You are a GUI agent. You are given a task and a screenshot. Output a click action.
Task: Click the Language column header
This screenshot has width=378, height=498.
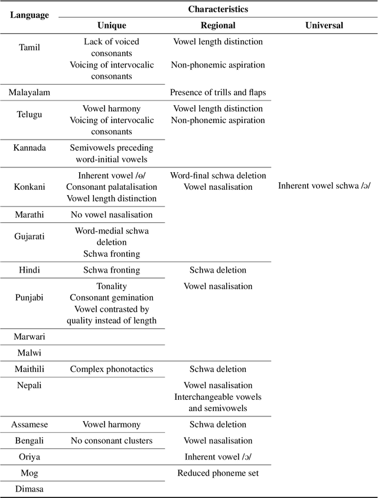[x=30, y=15]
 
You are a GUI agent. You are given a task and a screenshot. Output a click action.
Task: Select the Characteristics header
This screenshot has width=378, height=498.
[x=218, y=9]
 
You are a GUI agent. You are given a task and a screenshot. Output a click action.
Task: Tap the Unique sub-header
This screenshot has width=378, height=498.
[x=112, y=25]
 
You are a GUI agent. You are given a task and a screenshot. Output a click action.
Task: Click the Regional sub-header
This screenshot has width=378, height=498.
[x=218, y=25]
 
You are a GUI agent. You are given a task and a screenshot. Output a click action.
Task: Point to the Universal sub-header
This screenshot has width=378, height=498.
[x=324, y=25]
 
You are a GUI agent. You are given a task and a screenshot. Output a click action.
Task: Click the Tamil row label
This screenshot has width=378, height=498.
[x=30, y=47]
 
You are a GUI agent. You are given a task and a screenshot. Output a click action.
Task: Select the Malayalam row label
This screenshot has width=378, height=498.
[x=30, y=92]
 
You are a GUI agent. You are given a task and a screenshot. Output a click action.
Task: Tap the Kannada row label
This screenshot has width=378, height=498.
[x=30, y=147]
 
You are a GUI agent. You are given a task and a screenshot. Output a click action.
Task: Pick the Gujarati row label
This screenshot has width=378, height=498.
[x=30, y=237]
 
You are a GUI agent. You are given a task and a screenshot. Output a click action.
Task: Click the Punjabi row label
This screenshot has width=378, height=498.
[x=30, y=297]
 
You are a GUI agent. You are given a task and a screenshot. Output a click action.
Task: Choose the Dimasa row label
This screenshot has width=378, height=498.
[x=30, y=489]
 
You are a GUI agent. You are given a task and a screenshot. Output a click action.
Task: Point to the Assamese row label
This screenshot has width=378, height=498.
[x=30, y=425]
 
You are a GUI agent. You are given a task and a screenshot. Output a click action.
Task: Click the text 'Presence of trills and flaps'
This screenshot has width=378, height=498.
[x=218, y=92]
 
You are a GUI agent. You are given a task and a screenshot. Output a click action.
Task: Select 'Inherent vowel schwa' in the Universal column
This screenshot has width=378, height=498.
[x=324, y=186]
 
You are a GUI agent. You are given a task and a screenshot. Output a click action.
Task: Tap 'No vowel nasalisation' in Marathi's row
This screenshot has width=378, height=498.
[x=112, y=215]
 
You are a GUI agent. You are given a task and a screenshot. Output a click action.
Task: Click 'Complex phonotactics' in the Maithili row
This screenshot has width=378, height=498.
[x=112, y=369]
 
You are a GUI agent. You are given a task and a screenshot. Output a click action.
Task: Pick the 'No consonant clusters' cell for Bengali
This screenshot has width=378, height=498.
[x=112, y=441]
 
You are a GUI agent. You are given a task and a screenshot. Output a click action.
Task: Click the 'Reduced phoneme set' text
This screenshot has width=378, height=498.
[x=218, y=473]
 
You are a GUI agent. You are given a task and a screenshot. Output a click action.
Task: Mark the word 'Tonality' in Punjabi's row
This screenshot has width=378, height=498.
[x=112, y=286]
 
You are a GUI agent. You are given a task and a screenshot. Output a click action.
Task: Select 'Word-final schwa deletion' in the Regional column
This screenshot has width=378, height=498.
[x=218, y=176]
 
